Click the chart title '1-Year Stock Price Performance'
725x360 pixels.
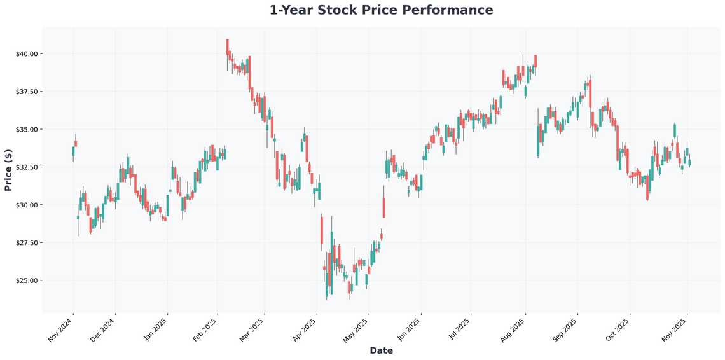(x=381, y=10)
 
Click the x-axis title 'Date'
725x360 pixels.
(x=381, y=350)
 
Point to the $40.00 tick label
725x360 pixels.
(x=27, y=53)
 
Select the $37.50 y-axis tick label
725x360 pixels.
(x=27, y=92)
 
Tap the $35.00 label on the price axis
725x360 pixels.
(x=27, y=129)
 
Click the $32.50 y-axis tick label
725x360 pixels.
(x=27, y=167)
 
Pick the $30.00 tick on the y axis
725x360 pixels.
(x=27, y=205)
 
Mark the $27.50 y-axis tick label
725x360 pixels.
(x=27, y=242)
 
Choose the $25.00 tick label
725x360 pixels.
(x=27, y=280)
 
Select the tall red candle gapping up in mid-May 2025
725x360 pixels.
(x=384, y=207)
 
